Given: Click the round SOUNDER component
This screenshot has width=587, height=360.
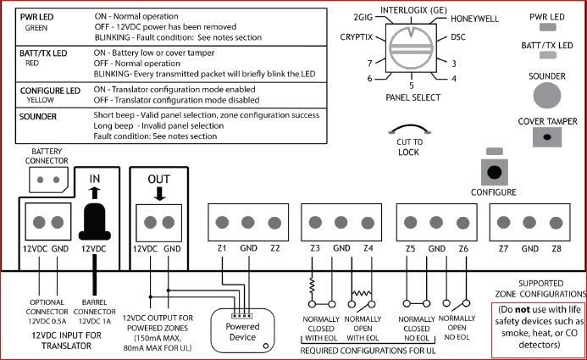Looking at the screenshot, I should tap(549, 94).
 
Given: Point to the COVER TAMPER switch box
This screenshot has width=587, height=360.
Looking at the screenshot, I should tap(548, 141).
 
